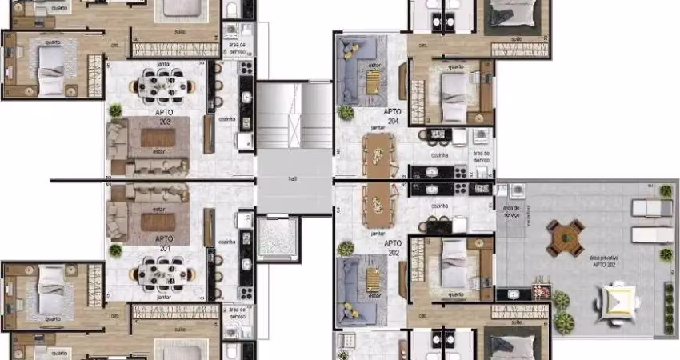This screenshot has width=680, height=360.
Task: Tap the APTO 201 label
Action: [x=164, y=242]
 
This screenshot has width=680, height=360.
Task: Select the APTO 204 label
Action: [x=392, y=116]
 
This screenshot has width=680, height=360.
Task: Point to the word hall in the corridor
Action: [x=294, y=179]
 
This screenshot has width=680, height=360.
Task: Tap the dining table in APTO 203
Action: [x=163, y=83]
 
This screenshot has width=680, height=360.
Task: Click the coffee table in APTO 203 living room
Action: [x=158, y=138]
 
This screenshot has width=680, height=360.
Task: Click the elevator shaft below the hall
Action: [x=277, y=238]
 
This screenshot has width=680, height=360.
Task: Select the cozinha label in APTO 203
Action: [x=226, y=118]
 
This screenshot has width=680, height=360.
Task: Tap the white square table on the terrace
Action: [x=617, y=301]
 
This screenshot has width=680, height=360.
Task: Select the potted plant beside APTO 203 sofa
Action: [x=116, y=111]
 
